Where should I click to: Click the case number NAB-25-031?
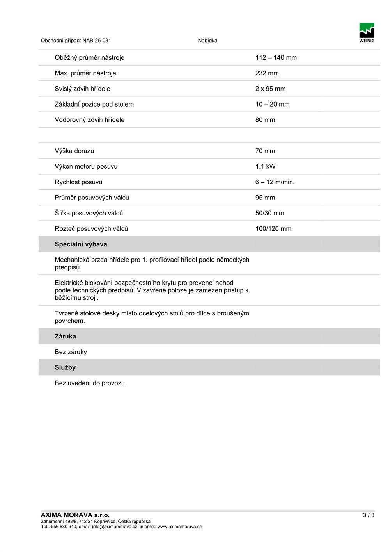97,41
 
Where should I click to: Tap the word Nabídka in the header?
207,41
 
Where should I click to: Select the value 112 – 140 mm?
276,58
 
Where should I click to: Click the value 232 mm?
267,73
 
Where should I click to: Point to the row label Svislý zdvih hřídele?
82,89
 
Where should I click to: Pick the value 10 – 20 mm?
272,105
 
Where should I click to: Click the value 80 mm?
265,120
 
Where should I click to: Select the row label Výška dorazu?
74,151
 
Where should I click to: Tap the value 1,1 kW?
265,167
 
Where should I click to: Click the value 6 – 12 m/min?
275,182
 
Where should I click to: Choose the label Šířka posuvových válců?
89,213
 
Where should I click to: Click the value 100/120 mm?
273,229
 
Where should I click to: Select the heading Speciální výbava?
81,244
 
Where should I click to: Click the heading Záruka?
65,337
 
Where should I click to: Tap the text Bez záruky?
71,352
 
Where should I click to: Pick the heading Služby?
65,368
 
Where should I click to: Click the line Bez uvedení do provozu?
90,383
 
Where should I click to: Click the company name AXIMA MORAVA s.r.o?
75,515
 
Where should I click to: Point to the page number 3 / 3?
369,515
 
